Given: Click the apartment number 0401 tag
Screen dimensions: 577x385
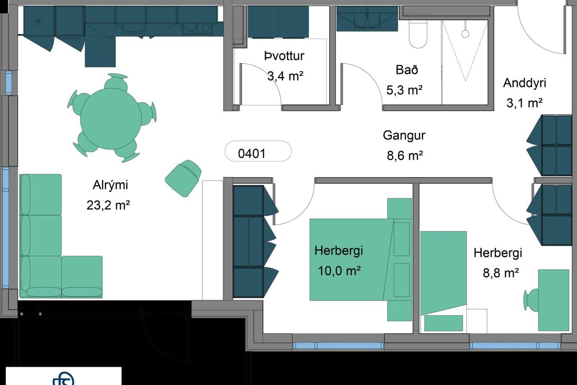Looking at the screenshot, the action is pos(258,151).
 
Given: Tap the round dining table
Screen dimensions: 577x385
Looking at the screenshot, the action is pos(111,119).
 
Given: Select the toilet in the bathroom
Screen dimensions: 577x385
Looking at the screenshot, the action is pos(418,35).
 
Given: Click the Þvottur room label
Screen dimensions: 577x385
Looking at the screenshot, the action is pos(284,56).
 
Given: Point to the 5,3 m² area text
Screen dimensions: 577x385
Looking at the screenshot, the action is pos(404,90).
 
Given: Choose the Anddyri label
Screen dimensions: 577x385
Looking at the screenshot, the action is pos(525,83).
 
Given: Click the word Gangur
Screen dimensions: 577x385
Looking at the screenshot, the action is pos(404,135).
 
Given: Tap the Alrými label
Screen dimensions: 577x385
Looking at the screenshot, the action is pos(110,185).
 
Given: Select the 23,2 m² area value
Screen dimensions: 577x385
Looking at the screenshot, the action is pos(108,206).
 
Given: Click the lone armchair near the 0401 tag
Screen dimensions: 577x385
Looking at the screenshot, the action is pos(183,179).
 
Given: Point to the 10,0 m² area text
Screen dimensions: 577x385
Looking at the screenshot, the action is pos(339,271).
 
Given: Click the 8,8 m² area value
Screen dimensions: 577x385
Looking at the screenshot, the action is pos(501,273).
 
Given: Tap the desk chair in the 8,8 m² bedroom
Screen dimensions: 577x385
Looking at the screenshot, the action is pos(531,300).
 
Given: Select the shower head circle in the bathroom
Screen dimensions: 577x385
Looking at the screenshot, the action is pos(465,34).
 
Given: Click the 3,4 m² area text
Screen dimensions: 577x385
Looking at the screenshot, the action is pos(285,76).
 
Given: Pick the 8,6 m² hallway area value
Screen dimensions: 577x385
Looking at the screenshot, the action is pos(405,156).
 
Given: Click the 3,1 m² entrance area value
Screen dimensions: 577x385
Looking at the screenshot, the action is pos(525,103).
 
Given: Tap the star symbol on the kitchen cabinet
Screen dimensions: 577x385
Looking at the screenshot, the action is pos(39,21).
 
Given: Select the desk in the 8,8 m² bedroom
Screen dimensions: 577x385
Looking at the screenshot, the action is pos(553,300).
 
